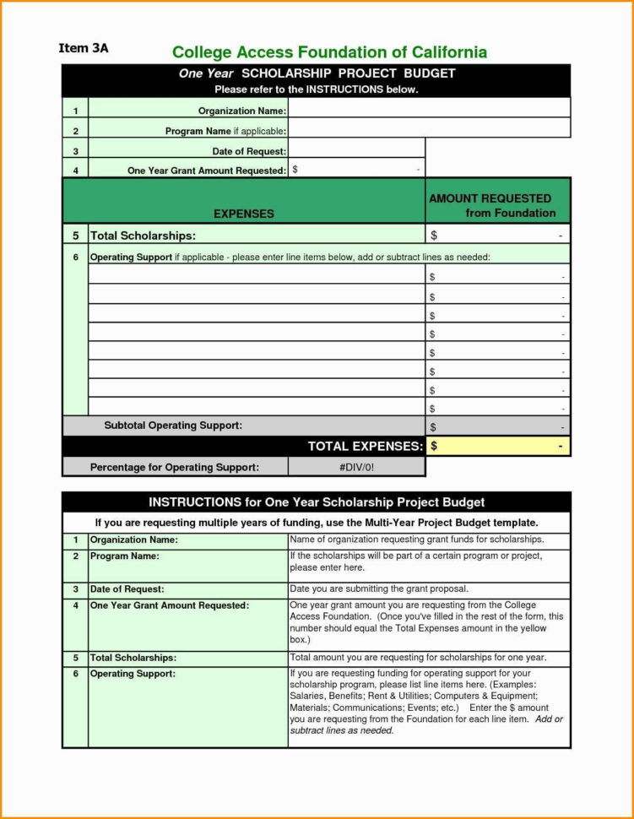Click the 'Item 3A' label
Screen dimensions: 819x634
[83, 48]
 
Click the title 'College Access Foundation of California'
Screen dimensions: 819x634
[329, 52]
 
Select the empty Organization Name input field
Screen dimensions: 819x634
[429, 109]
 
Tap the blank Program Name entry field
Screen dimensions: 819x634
[429, 129]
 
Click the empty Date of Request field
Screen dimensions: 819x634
[355, 149]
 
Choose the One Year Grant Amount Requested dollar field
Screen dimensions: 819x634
[355, 170]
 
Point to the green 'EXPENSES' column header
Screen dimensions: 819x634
[243, 214]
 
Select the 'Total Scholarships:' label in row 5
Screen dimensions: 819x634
[143, 236]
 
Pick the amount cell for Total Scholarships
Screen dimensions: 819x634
[497, 236]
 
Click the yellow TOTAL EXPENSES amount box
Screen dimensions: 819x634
[497, 446]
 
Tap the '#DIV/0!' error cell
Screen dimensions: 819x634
[356, 467]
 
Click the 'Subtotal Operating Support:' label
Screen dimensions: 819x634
[172, 426]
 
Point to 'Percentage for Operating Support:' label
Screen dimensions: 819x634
[174, 467]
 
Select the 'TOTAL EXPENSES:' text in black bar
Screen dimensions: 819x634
[365, 446]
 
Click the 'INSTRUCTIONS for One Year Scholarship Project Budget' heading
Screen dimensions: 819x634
[317, 502]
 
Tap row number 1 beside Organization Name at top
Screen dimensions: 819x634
[75, 110]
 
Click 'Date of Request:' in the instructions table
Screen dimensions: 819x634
[127, 588]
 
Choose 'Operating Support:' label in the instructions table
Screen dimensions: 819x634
[133, 673]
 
